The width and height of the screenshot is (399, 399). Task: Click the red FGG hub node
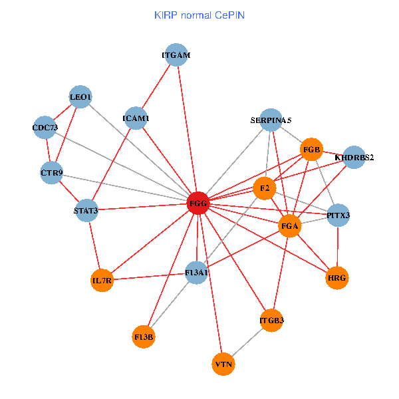coord(198,203)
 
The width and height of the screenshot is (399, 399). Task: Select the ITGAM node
coord(176,56)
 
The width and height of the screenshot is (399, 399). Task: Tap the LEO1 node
coord(80,98)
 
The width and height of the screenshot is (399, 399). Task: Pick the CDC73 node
coord(45,128)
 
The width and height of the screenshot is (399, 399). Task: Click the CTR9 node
coord(51,174)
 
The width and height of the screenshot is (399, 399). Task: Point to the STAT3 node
coord(86,211)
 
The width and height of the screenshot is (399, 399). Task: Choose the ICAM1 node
coord(136,119)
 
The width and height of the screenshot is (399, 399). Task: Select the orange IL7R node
coord(102,281)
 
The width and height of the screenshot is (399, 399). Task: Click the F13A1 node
coord(197,273)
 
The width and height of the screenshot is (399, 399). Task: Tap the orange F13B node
coord(144,337)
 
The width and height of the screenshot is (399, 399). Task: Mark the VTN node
coord(223,364)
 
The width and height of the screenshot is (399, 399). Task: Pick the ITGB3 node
coord(271,321)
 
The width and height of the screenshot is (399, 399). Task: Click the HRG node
coord(338,277)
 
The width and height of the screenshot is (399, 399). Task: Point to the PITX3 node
coord(338,215)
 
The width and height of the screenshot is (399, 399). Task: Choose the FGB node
coord(312,150)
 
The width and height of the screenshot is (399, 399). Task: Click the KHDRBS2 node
coord(354,158)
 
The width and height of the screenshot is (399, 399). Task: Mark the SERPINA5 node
coord(271,120)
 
